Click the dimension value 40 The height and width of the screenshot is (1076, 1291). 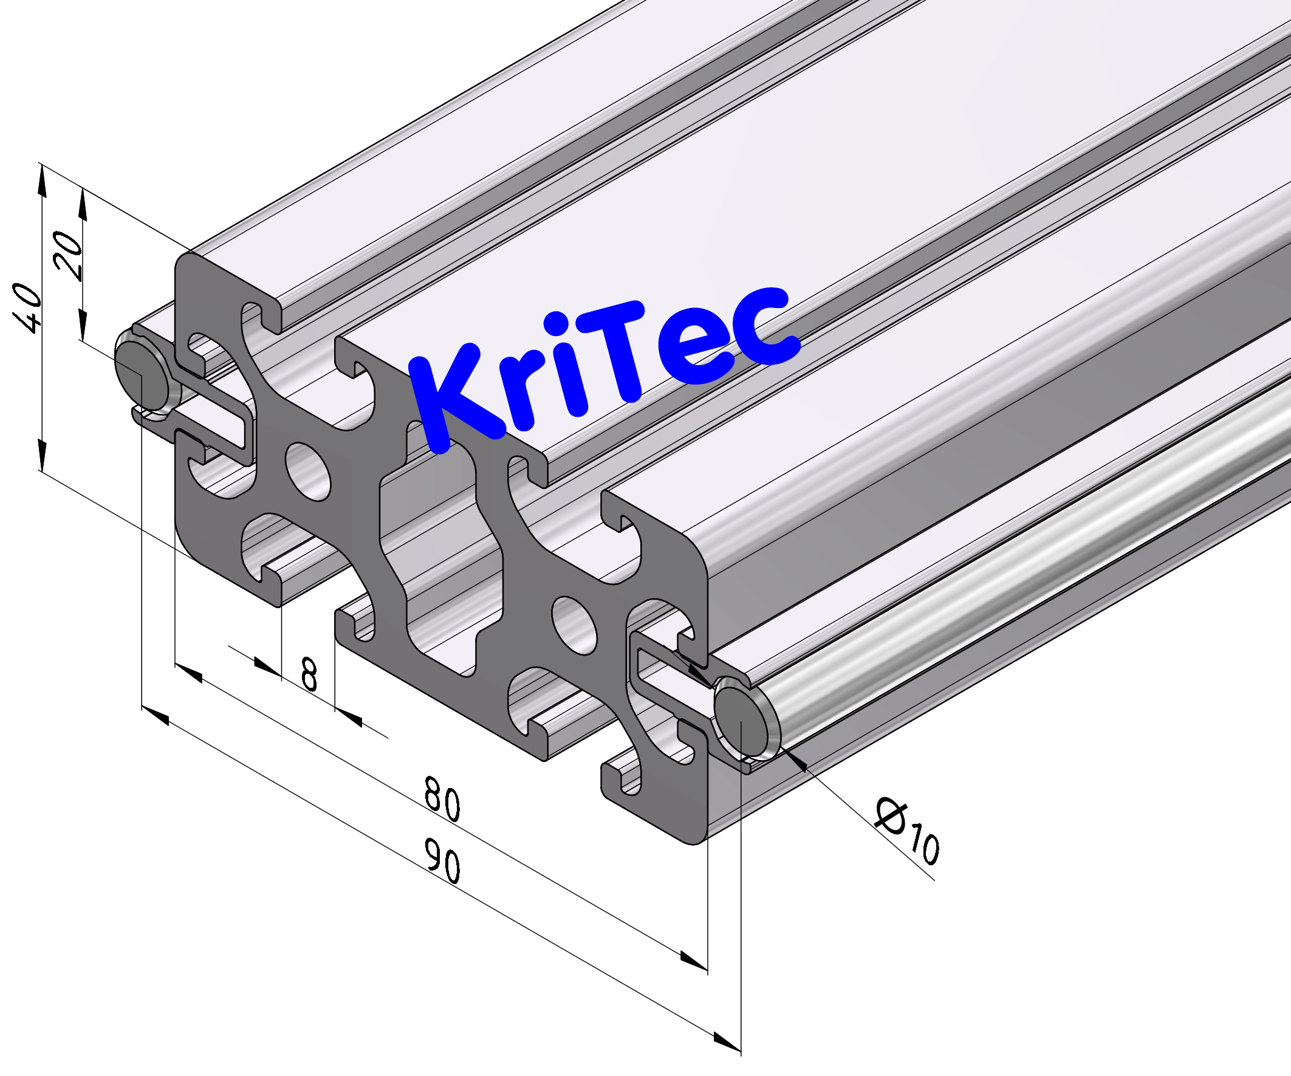[28, 307]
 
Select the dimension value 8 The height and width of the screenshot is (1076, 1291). [309, 674]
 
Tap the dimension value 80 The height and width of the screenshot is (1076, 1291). [442, 800]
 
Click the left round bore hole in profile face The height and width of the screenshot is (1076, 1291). [308, 471]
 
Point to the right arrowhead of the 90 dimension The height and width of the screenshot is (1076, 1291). [727, 1041]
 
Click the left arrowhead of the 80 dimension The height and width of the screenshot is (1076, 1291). [189, 673]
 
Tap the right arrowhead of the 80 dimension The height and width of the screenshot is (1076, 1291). [693, 961]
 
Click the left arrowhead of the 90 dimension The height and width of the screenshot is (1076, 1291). [156, 716]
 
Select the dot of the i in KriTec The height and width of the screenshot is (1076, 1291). [556, 324]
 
